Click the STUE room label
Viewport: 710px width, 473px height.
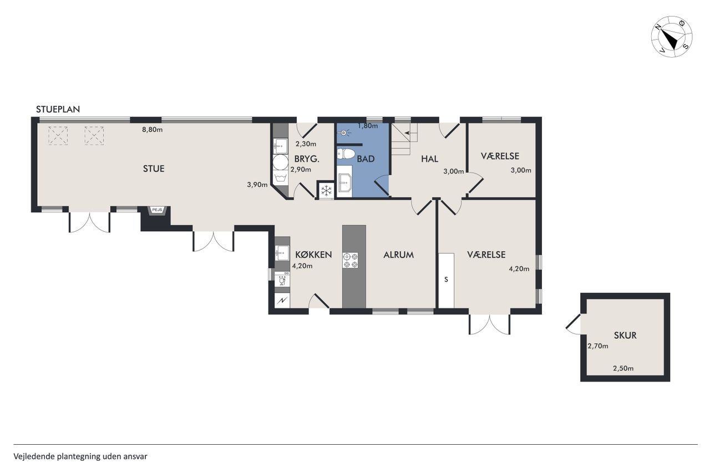pos(154,169)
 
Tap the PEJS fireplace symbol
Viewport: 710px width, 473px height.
pos(157,210)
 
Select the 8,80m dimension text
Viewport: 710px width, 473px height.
pos(152,130)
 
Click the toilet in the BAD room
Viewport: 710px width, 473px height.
pos(346,154)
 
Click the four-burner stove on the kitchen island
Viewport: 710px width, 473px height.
pos(350,261)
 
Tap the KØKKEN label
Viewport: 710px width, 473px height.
pos(313,255)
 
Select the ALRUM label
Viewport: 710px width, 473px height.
pos(398,255)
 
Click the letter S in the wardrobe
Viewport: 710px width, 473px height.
pos(446,279)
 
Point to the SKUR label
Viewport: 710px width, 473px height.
pos(625,335)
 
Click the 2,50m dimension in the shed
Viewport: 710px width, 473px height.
pos(623,368)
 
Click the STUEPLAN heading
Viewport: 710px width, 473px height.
pos(58,109)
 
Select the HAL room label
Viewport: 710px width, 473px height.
pos(429,159)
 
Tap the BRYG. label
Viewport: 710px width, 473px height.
pos(307,159)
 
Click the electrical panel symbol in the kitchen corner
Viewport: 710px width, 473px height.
pos(282,300)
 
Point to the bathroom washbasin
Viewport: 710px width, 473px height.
pos(344,182)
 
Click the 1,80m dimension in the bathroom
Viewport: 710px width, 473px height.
pos(368,126)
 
